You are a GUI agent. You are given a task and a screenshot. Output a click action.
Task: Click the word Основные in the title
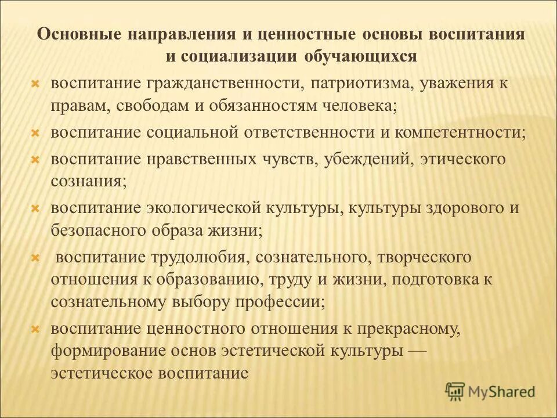pos(76,33)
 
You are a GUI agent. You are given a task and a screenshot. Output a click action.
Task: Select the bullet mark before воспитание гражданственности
pos(35,84)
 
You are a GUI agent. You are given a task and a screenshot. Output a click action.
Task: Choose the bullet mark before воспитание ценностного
pos(35,329)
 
